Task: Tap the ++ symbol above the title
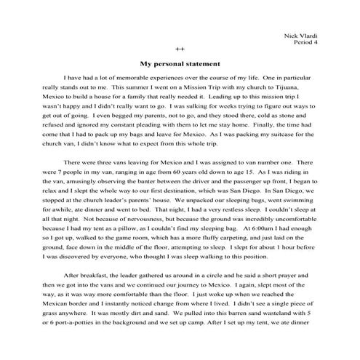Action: coord(180,52)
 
